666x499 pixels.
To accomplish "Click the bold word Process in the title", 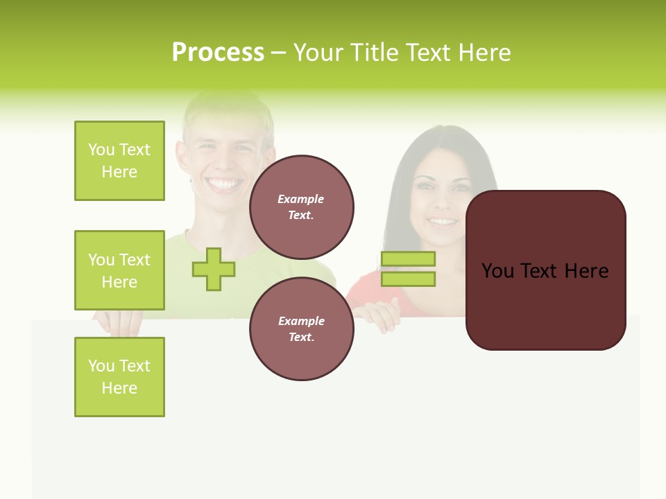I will pyautogui.click(x=218, y=53).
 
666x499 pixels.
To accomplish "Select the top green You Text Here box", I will pyautogui.click(x=119, y=161).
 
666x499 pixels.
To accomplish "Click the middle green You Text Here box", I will pyautogui.click(x=119, y=270).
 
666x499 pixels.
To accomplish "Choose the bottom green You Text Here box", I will pyautogui.click(x=119, y=377).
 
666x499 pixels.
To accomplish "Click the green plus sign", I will pyautogui.click(x=214, y=270).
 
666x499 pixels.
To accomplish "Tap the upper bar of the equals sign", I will pyautogui.click(x=408, y=259).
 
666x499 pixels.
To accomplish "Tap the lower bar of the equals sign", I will pyautogui.click(x=408, y=279).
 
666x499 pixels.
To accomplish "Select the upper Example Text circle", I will pyautogui.click(x=302, y=207).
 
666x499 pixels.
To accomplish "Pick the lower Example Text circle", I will pyautogui.click(x=302, y=329).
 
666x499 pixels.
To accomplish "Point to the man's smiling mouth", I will pyautogui.click(x=224, y=184).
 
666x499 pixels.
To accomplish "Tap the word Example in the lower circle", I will pyautogui.click(x=301, y=321).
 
